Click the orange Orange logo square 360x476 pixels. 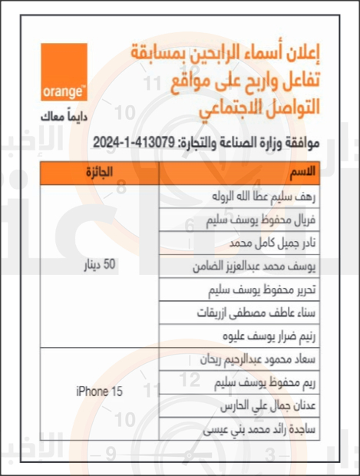pos(64,71)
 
